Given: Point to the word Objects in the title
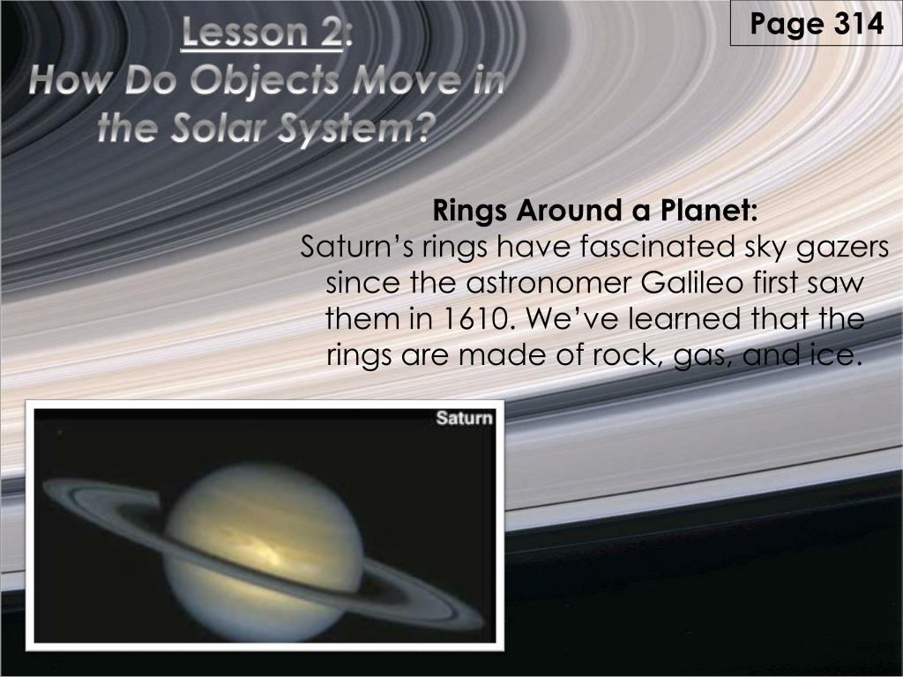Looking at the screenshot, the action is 265,81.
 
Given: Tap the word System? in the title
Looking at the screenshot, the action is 356,129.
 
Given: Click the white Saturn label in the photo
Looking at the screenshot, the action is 464,417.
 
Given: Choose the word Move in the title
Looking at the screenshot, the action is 406,80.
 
